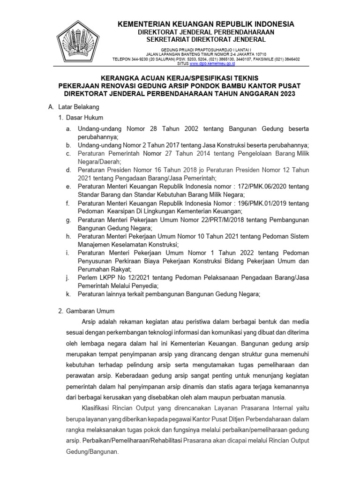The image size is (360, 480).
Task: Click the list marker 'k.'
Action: pyautogui.click(x=68, y=294)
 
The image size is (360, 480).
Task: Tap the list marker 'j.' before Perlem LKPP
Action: pyautogui.click(x=68, y=277)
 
